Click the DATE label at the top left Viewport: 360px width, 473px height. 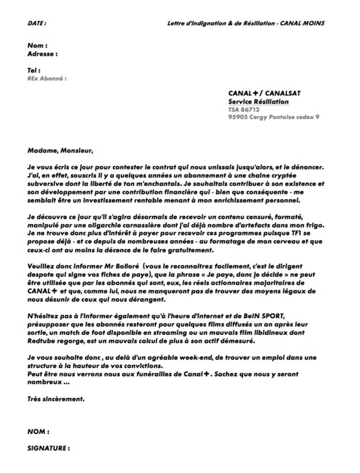[x=36, y=23]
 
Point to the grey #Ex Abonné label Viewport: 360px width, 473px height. [x=47, y=78]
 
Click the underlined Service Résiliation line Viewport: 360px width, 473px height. [x=259, y=101]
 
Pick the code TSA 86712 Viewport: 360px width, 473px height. [x=244, y=109]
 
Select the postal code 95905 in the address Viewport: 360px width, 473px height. [x=238, y=117]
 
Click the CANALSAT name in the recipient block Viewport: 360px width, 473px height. [x=283, y=93]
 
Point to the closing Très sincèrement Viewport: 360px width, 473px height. [x=56, y=398]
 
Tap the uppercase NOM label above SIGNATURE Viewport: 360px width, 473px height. [x=38, y=430]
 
